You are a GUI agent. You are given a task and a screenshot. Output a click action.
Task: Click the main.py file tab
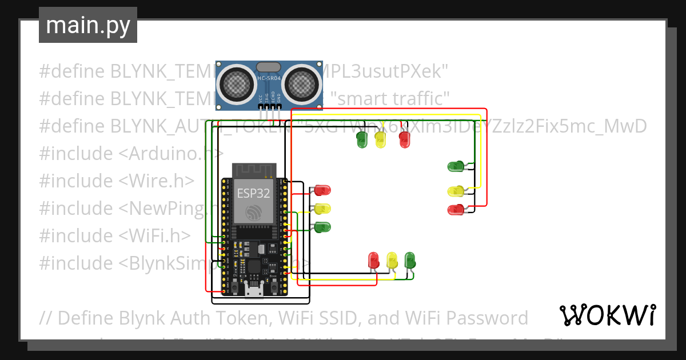(87, 25)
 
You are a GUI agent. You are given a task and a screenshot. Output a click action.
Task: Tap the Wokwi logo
(607, 315)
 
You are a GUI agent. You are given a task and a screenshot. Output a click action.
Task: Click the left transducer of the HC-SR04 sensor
(237, 83)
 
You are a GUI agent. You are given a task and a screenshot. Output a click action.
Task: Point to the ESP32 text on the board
(253, 193)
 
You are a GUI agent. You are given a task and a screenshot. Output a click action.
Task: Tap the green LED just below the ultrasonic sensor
(362, 139)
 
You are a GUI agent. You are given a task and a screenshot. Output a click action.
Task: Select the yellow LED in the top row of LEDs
(381, 139)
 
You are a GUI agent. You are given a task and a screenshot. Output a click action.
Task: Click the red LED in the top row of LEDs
(405, 139)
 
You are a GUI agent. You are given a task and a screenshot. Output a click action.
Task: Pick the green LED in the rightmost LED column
(456, 167)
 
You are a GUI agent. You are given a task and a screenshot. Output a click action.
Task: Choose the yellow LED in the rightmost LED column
(456, 191)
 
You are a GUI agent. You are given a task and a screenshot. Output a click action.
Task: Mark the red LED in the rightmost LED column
(456, 210)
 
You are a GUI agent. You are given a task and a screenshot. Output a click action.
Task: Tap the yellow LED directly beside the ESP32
(323, 209)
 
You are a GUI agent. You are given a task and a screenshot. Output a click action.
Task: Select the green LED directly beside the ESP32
(323, 227)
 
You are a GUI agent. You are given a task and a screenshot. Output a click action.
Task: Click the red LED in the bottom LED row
(374, 260)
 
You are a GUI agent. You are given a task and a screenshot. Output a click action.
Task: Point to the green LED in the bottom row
(410, 260)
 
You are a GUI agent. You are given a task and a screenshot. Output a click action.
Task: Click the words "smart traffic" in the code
(393, 99)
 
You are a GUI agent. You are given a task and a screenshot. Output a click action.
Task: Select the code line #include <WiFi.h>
(114, 236)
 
